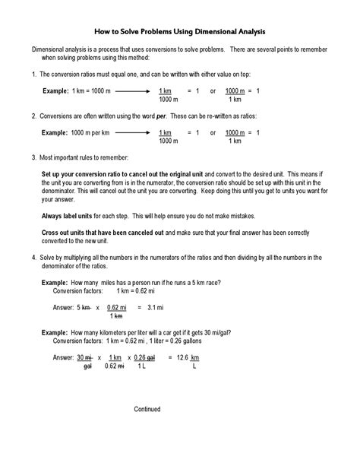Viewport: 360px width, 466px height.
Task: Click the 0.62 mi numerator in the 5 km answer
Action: click(116, 307)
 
